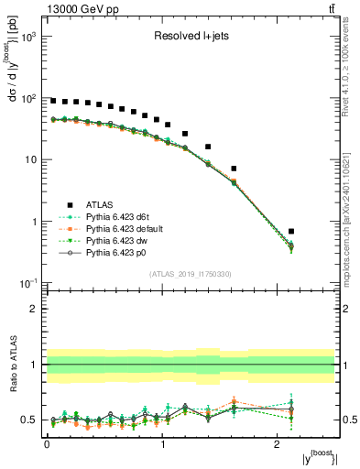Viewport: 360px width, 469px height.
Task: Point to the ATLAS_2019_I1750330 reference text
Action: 191,274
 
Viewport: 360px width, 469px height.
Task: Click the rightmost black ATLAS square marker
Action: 291,231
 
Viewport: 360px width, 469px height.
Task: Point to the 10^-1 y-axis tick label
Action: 27,283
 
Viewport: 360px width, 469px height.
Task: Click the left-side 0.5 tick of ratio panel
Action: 30,420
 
